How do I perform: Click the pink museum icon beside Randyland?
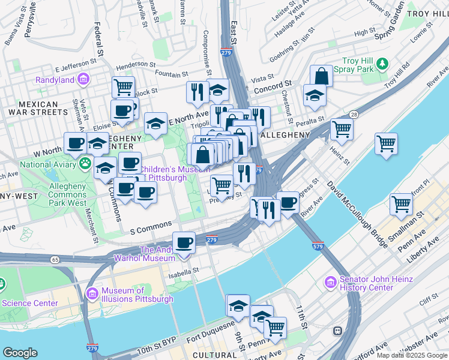(83, 79)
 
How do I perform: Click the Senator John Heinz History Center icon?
(330, 282)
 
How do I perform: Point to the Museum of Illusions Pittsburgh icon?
(92, 293)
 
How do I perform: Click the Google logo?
(20, 353)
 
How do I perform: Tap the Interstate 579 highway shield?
(319, 246)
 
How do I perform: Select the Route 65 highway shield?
(55, 260)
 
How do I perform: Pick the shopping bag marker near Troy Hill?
(321, 76)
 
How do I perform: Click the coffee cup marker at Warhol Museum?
(184, 243)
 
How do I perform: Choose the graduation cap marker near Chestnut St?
(314, 95)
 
